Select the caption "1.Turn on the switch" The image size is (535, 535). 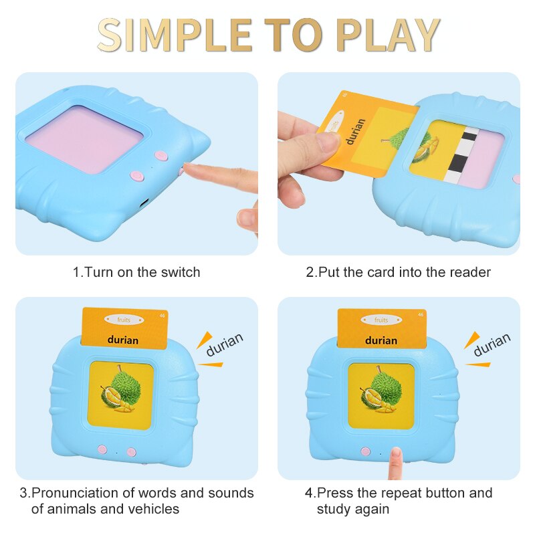pos(136,272)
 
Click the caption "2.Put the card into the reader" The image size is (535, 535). pos(399,272)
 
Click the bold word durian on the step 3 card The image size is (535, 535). pos(123,340)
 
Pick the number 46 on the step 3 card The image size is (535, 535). pos(162,316)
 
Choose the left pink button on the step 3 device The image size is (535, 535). pos(102,450)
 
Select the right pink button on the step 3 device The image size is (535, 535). pos(132,452)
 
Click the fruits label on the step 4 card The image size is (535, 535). pos(381,320)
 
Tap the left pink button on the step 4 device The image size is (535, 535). pos(365,451)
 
